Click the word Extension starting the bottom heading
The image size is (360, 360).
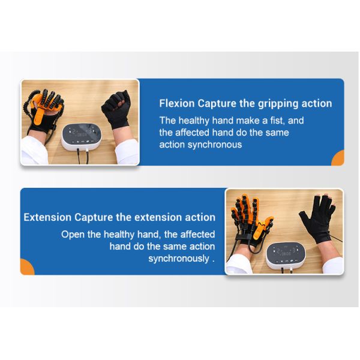(x=47, y=217)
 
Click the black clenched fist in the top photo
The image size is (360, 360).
(x=115, y=107)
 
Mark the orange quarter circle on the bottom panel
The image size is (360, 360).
(x=26, y=268)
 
